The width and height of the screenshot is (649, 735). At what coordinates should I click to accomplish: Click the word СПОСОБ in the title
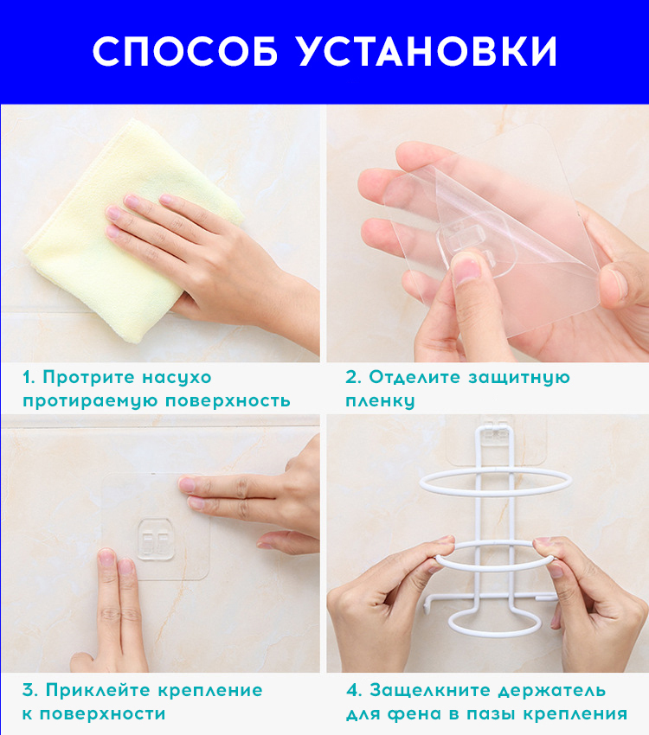coord(186,51)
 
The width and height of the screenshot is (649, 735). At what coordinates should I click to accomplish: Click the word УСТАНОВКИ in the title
coord(427,51)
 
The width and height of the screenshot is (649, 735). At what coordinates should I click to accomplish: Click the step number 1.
coord(29,378)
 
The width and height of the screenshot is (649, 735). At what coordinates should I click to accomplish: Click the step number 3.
coord(30,691)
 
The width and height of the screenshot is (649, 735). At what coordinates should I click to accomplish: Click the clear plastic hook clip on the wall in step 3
coord(156,539)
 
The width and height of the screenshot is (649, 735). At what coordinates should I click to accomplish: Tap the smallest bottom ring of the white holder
coord(494,624)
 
